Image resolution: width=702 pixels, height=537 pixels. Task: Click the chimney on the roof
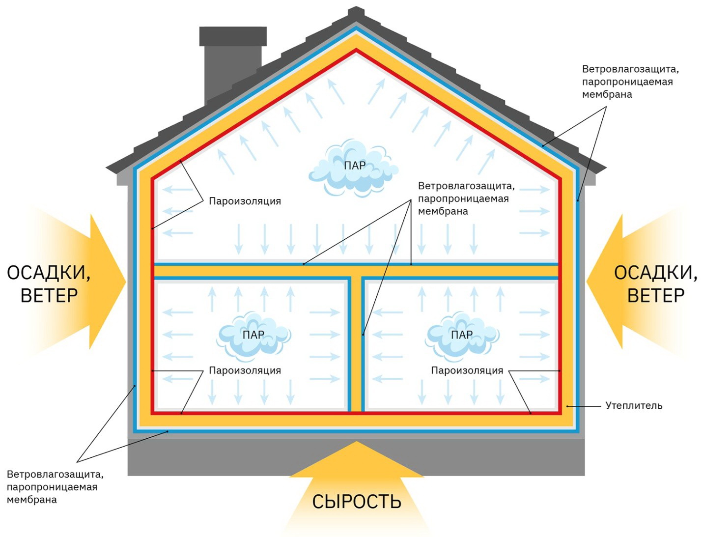click(x=232, y=64)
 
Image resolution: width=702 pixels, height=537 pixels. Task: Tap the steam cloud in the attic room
click(x=353, y=168)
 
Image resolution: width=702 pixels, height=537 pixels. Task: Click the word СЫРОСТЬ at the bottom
click(x=357, y=501)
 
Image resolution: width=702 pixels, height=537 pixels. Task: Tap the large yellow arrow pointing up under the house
click(x=357, y=486)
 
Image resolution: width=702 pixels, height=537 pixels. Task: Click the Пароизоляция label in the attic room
click(x=245, y=201)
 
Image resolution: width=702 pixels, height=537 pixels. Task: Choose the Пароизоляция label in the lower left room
click(x=245, y=370)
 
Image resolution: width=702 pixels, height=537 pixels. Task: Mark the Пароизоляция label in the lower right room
click(x=467, y=370)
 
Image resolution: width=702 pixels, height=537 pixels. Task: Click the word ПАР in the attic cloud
click(x=355, y=166)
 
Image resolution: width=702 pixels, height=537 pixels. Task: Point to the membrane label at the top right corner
click(x=630, y=82)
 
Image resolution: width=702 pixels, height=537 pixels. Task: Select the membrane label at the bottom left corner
click(x=55, y=487)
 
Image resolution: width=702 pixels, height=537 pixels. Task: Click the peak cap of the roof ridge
click(x=356, y=13)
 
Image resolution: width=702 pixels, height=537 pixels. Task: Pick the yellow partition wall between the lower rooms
click(x=356, y=344)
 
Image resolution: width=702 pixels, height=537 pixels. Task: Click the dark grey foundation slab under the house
click(x=356, y=457)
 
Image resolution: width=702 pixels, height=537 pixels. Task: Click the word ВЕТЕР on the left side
click(x=49, y=295)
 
